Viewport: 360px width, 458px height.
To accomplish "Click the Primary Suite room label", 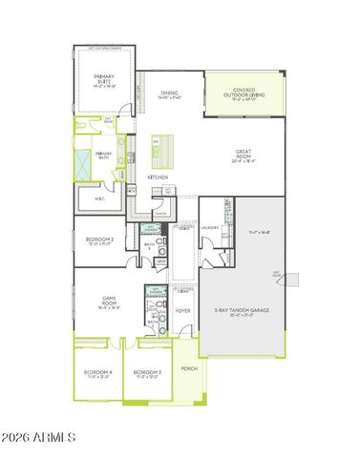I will tap(103, 79).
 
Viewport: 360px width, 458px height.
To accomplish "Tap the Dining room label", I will tap(170, 94).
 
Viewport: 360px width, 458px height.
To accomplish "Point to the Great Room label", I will tap(246, 153).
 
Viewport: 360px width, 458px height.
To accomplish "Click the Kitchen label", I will tap(159, 178).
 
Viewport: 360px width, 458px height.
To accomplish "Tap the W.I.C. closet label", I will tap(100, 198).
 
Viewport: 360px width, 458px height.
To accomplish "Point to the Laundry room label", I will tap(211, 227).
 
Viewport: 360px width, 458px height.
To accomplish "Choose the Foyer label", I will tap(182, 311).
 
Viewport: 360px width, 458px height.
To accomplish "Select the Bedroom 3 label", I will tap(147, 372).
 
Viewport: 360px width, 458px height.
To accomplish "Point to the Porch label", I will tap(188, 367).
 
